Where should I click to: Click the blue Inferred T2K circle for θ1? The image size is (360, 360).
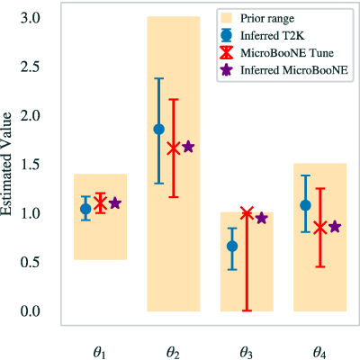[85, 209]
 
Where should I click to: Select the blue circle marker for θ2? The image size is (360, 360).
[158, 130]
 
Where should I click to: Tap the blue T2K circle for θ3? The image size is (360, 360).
[232, 247]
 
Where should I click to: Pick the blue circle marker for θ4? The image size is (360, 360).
[305, 205]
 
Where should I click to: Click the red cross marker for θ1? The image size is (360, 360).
[100, 203]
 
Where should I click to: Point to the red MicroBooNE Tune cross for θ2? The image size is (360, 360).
[174, 148]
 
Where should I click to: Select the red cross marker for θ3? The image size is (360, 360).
[247, 213]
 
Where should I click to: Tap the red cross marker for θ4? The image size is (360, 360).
[320, 228]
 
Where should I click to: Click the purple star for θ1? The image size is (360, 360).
[115, 203]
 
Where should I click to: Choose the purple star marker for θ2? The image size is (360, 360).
[188, 147]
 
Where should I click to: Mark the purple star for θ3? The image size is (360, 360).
[262, 218]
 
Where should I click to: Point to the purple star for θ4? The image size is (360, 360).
[335, 227]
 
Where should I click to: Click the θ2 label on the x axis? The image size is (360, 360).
[173, 352]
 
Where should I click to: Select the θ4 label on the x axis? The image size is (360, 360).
[319, 352]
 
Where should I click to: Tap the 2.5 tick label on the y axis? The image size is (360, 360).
[31, 67]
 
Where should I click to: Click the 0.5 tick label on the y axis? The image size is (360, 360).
[31, 262]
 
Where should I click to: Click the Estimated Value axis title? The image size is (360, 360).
[6, 165]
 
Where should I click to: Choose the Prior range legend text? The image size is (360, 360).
[267, 19]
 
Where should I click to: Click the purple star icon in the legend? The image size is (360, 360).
[227, 70]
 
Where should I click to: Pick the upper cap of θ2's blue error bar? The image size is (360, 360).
[158, 78]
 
